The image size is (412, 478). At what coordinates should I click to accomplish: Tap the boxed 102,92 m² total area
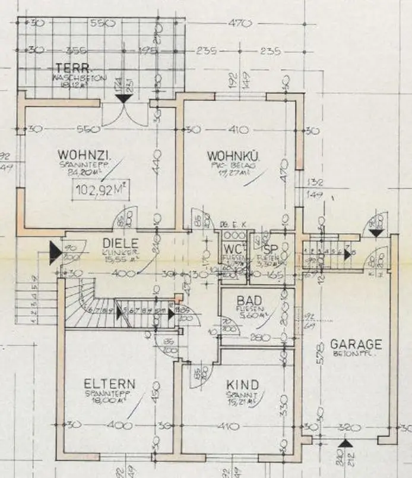pyautogui.click(x=102, y=191)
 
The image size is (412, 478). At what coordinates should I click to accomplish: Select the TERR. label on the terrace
pyautogui.click(x=69, y=67)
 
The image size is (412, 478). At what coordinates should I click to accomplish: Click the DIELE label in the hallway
pyautogui.click(x=120, y=243)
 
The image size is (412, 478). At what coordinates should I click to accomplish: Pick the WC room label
pyautogui.click(x=232, y=249)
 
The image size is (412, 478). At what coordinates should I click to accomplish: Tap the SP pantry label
pyautogui.click(x=271, y=249)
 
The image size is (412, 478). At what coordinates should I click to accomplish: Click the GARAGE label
pyautogui.click(x=356, y=345)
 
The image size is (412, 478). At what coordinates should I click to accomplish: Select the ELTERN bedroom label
pyautogui.click(x=109, y=384)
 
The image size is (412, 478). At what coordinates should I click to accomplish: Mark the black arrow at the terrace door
pyautogui.click(x=122, y=96)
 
